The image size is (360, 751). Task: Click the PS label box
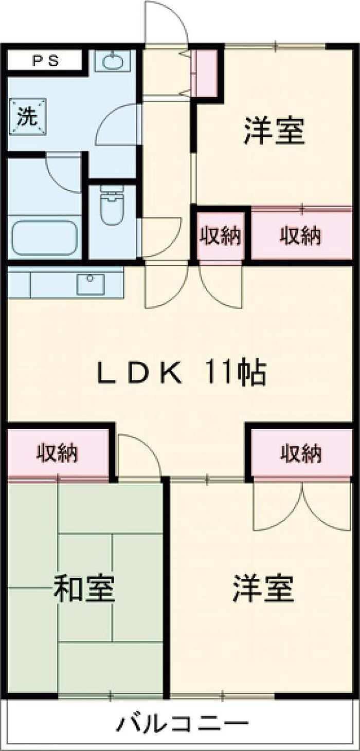pyautogui.click(x=45, y=61)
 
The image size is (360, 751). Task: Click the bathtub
pyautogui.click(x=44, y=237)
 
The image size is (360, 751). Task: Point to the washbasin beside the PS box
pyautogui.click(x=113, y=62)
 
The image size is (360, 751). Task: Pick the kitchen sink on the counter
pyautogui.click(x=91, y=284)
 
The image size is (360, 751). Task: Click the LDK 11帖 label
pyautogui.click(x=182, y=374)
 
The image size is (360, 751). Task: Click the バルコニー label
pyautogui.click(x=183, y=724)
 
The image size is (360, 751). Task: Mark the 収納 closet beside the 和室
pyautogui.click(x=58, y=453)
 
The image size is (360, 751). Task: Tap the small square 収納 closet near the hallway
pyautogui.click(x=221, y=236)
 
